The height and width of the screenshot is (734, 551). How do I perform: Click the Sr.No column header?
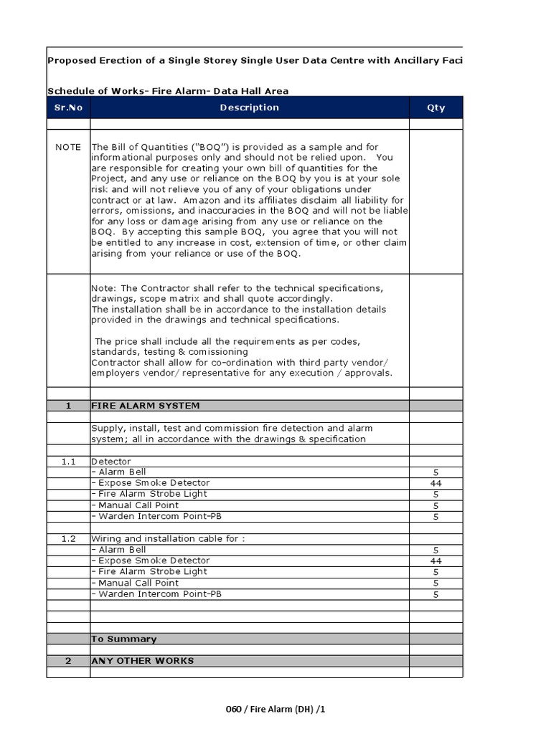(68, 108)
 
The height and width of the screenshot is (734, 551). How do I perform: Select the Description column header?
(249, 108)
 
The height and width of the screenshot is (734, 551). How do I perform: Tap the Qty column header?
(435, 108)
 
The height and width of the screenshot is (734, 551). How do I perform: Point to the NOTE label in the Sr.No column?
(68, 147)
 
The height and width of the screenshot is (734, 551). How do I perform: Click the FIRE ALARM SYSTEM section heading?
(146, 406)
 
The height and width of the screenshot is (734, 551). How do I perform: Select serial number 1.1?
(68, 462)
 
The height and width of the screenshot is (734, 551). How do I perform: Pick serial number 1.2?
(68, 539)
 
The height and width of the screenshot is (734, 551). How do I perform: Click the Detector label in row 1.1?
(111, 462)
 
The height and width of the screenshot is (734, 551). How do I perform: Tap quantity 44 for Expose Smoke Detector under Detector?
(435, 484)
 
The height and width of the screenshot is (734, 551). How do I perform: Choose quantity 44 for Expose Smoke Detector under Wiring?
(435, 561)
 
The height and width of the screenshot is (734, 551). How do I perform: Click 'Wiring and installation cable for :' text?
(168, 539)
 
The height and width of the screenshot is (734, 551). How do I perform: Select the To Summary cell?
(123, 639)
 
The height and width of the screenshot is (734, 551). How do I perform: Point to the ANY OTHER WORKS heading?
(142, 661)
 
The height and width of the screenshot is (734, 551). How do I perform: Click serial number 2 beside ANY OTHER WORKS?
(68, 661)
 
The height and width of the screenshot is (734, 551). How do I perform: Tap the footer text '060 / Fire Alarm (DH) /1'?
(275, 709)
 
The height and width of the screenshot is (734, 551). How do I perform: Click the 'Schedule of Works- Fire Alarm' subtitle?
(168, 91)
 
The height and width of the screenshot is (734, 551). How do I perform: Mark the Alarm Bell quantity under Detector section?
(435, 472)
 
